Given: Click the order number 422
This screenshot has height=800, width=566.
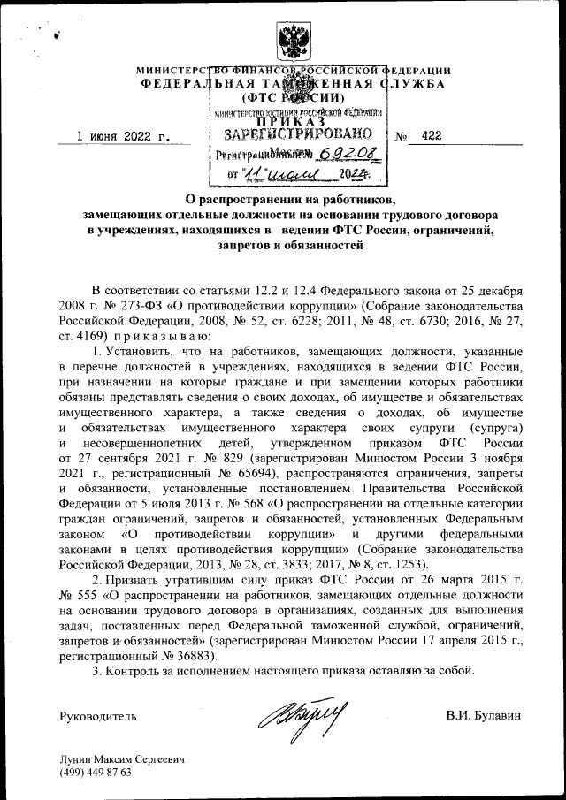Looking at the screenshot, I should (x=432, y=135).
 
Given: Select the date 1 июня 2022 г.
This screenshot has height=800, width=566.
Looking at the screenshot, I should (x=122, y=136).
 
